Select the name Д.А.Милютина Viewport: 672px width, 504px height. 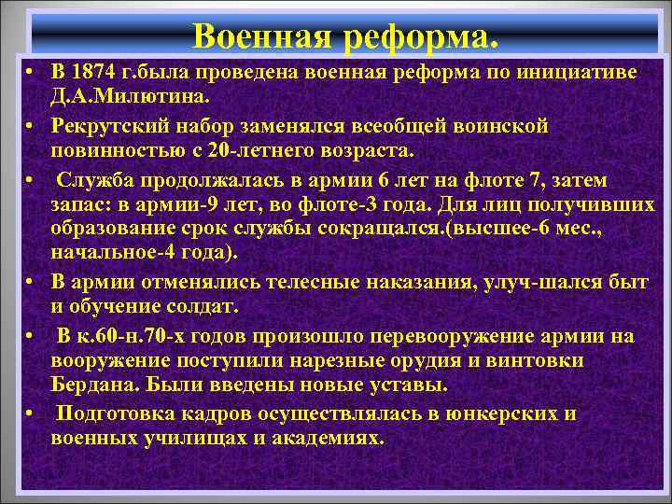(132, 96)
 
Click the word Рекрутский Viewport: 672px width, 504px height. (110, 126)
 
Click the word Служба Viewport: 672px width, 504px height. (89, 178)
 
